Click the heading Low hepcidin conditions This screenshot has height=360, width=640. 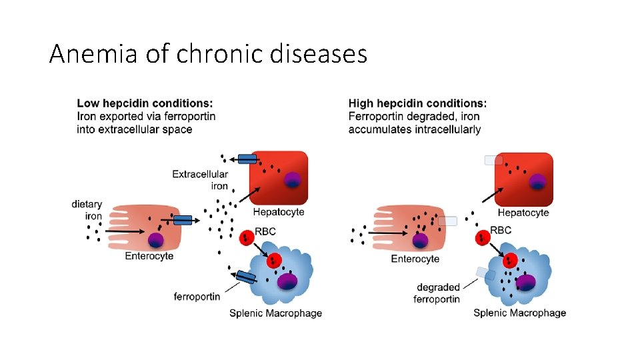(x=145, y=103)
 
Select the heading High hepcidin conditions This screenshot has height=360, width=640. (x=417, y=103)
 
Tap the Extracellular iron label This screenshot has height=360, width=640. (x=200, y=180)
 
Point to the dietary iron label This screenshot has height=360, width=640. (x=87, y=210)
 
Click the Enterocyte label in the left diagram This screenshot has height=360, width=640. (x=149, y=256)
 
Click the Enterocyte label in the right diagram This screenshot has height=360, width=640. (x=415, y=259)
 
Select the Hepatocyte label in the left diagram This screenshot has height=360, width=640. (x=279, y=212)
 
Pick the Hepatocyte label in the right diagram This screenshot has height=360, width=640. (x=523, y=213)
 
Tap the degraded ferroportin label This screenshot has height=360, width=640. (x=437, y=293)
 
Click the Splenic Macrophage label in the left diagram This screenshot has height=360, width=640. (x=275, y=313)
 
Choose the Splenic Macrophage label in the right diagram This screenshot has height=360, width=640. (x=520, y=313)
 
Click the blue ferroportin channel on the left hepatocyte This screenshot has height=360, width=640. (x=247, y=159)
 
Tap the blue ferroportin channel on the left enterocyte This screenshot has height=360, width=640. (x=183, y=220)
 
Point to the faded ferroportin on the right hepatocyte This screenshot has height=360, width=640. (x=493, y=160)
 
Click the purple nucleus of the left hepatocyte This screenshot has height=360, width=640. (x=291, y=180)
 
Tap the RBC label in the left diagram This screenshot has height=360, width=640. (x=265, y=231)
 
